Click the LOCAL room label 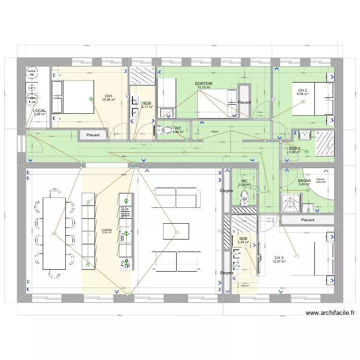39,110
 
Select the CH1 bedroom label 108,96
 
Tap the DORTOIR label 204,84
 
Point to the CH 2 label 302,90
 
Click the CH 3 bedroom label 279,258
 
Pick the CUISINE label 106,230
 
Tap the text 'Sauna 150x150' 320,180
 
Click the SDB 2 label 294,148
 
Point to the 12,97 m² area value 279,262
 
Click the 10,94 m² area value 108,100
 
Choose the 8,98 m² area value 302,94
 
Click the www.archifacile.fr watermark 331,313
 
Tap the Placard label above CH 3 307,220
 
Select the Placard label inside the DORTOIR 244,102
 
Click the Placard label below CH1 93,135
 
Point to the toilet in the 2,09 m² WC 244,196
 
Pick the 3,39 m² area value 243,242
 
